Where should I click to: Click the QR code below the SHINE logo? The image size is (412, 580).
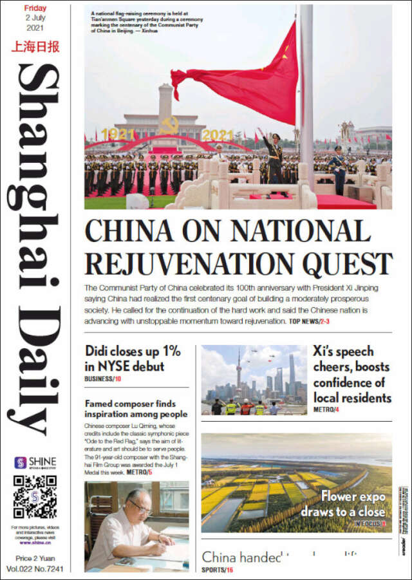35,497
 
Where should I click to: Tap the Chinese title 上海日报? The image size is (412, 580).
35,47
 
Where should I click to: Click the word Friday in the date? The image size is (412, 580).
35,8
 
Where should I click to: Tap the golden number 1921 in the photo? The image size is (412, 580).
117,135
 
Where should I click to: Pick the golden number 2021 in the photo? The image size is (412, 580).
217,135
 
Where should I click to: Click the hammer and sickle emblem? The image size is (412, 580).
169,126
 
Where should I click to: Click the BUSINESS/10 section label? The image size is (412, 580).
103,379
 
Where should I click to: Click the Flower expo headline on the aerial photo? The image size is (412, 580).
344,504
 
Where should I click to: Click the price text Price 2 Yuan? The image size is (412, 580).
35,559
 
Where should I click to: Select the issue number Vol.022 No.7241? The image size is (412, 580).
35,569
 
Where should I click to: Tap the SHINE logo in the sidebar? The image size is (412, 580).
35,463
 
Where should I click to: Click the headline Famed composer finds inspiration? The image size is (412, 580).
136,409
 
